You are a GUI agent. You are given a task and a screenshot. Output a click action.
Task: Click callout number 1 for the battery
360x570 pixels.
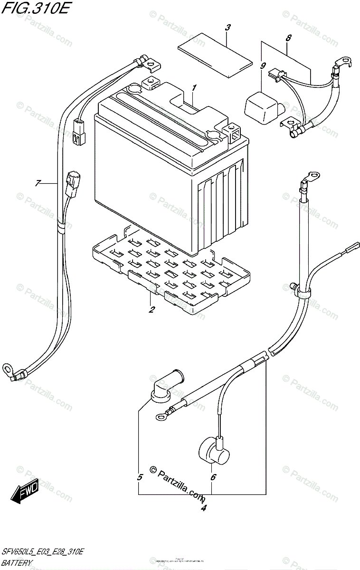coord(194,88)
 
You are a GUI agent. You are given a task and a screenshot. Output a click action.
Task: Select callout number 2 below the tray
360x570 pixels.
coord(151,310)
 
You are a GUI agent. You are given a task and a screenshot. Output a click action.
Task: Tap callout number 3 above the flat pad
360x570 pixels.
coord(227,28)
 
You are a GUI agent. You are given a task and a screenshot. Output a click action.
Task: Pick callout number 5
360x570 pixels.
coord(140,477)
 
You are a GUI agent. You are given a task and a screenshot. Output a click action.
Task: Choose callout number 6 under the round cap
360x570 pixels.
coord(213,477)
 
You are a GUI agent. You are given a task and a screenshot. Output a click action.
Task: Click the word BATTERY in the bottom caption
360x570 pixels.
coord(17,563)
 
